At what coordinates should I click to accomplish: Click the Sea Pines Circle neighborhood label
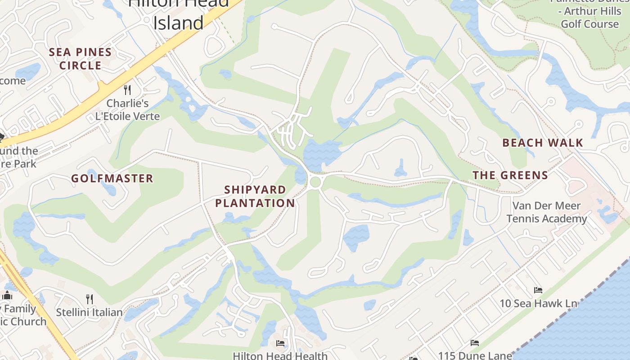[x=80, y=59]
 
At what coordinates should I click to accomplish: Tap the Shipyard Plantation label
[x=255, y=197]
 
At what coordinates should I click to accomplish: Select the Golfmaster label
[x=112, y=179]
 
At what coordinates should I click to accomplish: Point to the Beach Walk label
[x=543, y=143]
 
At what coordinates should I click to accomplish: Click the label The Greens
[x=510, y=175]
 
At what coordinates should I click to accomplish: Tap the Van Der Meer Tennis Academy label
[x=546, y=212]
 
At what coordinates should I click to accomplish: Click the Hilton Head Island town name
[x=179, y=13]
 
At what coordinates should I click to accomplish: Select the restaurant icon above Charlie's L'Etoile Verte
[x=127, y=90]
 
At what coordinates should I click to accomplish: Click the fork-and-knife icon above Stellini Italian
[x=90, y=299]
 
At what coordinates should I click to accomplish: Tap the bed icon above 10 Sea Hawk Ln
[x=538, y=290]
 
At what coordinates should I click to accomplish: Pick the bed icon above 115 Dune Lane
[x=474, y=343]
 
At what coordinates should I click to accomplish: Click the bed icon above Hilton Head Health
[x=280, y=343]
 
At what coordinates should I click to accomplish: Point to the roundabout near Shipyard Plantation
[x=315, y=182]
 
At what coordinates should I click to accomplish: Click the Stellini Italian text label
[x=89, y=312]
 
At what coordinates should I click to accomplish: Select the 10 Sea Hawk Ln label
[x=538, y=303]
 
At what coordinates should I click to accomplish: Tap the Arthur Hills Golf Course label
[x=589, y=17]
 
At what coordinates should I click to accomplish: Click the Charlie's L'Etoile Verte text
[x=127, y=110]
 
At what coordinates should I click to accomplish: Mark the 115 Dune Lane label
[x=475, y=355]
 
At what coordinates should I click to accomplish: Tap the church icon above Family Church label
[x=7, y=296]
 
